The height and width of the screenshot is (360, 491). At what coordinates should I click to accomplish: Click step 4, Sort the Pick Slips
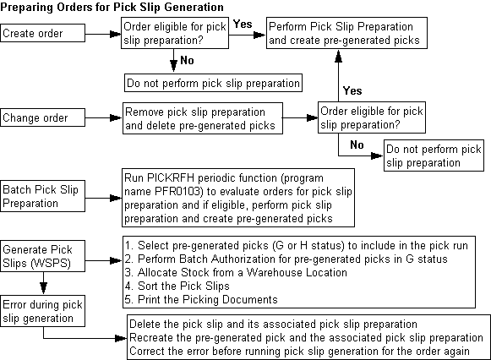pyautogui.click(x=179, y=285)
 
